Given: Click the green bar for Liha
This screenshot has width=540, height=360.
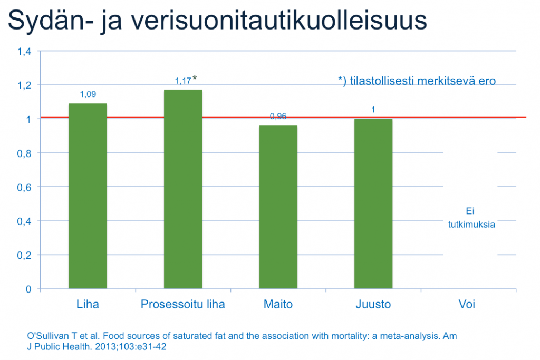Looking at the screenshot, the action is pyautogui.click(x=88, y=196).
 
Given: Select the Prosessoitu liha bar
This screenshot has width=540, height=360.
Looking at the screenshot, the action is pyautogui.click(x=183, y=189).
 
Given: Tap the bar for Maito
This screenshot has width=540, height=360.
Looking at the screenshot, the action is pyautogui.click(x=278, y=207).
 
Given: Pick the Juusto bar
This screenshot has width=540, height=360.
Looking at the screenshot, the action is pyautogui.click(x=373, y=203).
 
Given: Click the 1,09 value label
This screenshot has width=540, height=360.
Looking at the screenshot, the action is pyautogui.click(x=88, y=94).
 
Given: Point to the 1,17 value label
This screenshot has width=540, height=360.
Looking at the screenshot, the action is pyautogui.click(x=183, y=81).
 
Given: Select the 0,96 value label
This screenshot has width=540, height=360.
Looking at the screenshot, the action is pyautogui.click(x=278, y=116).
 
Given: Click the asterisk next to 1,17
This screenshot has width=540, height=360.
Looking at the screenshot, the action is pyautogui.click(x=195, y=78).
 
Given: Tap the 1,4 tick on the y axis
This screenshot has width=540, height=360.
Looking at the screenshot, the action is pyautogui.click(x=24, y=52).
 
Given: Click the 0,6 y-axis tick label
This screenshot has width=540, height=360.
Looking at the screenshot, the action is pyautogui.click(x=24, y=188).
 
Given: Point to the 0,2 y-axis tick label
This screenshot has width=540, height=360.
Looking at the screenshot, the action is pyautogui.click(x=24, y=255).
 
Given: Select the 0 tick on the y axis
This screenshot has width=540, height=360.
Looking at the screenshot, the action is pyautogui.click(x=28, y=289).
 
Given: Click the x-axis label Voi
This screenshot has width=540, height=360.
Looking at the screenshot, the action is pyautogui.click(x=467, y=304).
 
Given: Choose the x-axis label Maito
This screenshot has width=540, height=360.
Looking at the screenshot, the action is pyautogui.click(x=278, y=304).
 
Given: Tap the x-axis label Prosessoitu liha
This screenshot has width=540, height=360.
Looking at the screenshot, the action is pyautogui.click(x=183, y=304).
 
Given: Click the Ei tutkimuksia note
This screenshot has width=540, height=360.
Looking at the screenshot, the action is pyautogui.click(x=471, y=218).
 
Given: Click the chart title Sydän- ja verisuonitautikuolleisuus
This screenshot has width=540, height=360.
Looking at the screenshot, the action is pyautogui.click(x=217, y=21).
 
